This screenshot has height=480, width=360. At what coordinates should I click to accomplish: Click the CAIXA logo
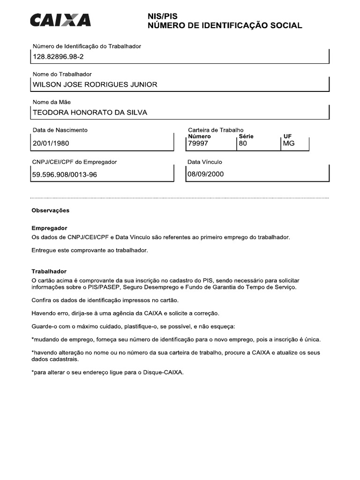click(x=60, y=20)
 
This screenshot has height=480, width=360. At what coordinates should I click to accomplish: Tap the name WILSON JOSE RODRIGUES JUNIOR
click(x=95, y=84)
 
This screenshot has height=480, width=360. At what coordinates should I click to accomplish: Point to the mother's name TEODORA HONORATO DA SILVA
click(x=90, y=112)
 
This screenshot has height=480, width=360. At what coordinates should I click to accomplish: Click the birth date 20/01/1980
click(x=51, y=143)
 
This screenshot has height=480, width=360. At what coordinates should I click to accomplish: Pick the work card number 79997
click(x=197, y=143)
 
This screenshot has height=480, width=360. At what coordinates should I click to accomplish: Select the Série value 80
click(x=242, y=143)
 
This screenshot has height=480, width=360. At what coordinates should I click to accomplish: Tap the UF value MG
click(x=289, y=143)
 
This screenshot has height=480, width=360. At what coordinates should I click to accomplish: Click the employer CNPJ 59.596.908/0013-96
click(x=65, y=175)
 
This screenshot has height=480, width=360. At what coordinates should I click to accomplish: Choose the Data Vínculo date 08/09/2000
click(x=206, y=174)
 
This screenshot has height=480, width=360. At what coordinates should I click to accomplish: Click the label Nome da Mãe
click(x=52, y=102)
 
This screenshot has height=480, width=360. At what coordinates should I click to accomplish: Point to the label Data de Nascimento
click(x=60, y=130)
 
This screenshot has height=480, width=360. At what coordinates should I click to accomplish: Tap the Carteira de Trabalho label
click(x=216, y=130)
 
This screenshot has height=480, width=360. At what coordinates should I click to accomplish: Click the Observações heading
click(x=50, y=210)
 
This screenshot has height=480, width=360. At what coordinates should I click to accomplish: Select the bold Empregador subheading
click(x=49, y=228)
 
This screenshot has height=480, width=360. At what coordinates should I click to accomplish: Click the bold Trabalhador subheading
click(x=49, y=271)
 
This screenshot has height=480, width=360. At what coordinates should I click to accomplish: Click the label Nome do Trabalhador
click(x=62, y=74)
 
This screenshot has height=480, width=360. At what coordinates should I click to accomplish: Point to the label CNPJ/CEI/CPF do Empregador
click(x=75, y=162)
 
